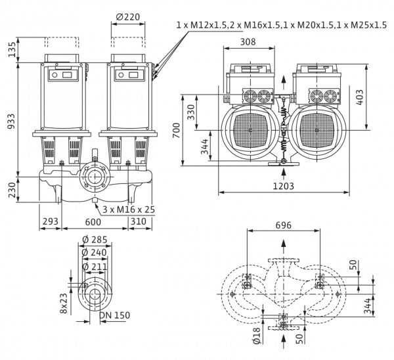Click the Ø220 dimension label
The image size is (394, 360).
(128, 17)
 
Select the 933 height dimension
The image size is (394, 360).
(11, 121)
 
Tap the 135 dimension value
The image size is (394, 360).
(12, 49)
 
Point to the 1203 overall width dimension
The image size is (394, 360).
(283, 186)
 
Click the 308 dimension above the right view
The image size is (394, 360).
(248, 42)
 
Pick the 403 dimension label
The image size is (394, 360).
(360, 97)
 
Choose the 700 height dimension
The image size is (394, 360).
(177, 130)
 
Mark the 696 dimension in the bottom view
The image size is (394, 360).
(284, 225)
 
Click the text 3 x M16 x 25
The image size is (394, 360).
(129, 210)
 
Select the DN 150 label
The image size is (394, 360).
(114, 315)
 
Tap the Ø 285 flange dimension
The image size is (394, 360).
(95, 240)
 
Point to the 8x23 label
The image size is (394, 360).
(64, 304)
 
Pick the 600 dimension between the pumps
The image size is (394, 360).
(93, 222)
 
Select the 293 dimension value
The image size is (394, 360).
(51, 221)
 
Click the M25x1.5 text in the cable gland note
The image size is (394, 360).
(368, 25)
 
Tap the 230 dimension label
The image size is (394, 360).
(12, 190)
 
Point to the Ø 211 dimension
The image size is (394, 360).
(95, 267)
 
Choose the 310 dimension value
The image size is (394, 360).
(139, 221)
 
